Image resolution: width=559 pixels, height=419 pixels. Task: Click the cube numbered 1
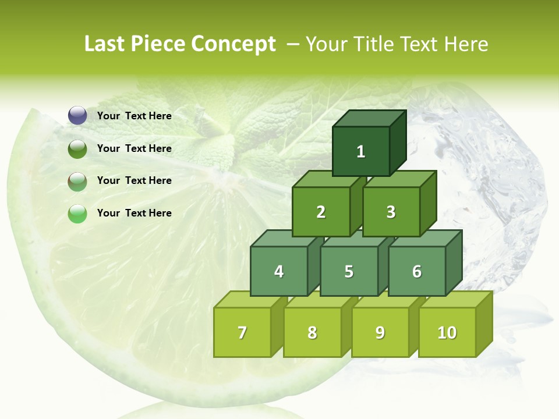tap(361, 151)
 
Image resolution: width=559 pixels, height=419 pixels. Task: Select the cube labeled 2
tap(321, 212)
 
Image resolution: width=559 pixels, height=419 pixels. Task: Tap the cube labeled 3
tap(391, 212)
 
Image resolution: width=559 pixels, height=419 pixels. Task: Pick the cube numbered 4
tap(279, 271)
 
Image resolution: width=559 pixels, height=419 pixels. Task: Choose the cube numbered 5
tap(349, 271)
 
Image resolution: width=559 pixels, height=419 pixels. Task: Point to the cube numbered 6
tap(417, 271)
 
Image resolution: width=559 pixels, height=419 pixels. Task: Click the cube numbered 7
tap(242, 332)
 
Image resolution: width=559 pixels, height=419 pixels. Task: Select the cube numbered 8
tap(312, 332)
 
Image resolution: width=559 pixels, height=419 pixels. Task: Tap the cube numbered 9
tap(380, 332)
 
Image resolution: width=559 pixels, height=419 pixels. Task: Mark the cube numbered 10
tap(447, 332)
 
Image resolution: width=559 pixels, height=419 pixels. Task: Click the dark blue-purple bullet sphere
tap(77, 116)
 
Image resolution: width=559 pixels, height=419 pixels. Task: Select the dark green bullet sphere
tap(77, 148)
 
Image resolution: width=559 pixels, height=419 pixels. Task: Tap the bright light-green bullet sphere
tap(77, 214)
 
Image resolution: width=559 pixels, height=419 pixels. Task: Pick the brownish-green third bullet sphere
tap(77, 181)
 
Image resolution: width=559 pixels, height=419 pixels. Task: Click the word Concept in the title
tap(233, 44)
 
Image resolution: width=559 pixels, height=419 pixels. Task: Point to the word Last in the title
tap(105, 44)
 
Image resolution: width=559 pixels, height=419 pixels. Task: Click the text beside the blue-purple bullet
tap(134, 116)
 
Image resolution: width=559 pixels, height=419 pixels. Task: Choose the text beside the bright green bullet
tap(134, 213)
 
